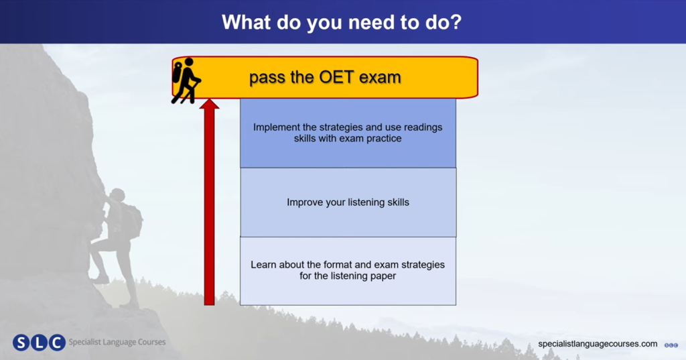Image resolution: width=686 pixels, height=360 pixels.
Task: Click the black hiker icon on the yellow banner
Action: click(186, 81)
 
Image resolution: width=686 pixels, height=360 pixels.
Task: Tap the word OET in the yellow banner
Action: click(336, 77)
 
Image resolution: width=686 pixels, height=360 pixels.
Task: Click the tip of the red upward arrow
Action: click(209, 99)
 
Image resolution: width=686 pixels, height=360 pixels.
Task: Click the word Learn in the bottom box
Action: click(263, 265)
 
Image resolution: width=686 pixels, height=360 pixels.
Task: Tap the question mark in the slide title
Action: click(455, 22)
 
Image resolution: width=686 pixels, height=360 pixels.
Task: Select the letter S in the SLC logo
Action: click(21, 343)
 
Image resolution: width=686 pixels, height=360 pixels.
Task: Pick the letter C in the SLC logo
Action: click(57, 343)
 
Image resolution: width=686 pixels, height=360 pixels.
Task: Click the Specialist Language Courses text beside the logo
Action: click(117, 342)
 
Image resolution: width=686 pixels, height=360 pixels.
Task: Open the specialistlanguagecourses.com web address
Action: click(598, 344)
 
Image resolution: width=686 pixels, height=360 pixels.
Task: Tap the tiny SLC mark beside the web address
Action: click(671, 345)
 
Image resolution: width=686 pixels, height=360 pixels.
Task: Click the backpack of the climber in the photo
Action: click(133, 221)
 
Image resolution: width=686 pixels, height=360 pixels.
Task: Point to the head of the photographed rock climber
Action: click(117, 195)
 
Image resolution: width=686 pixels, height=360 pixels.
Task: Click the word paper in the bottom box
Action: click(383, 276)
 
